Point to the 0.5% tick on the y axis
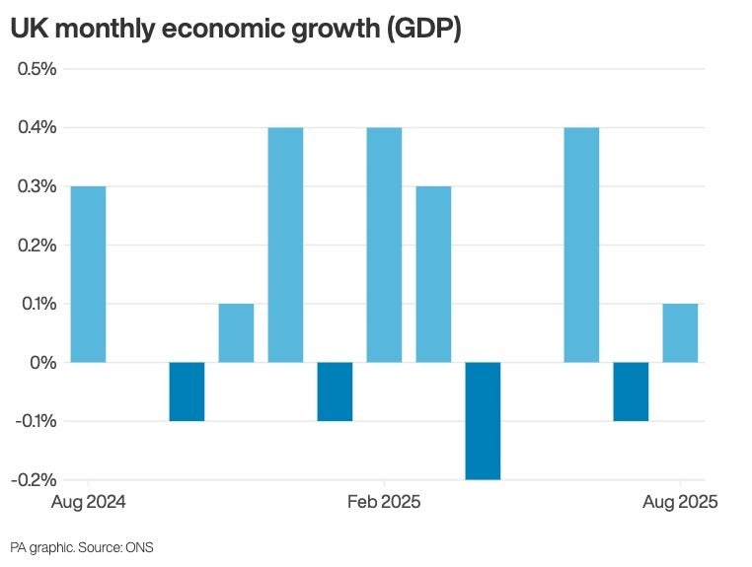(36, 69)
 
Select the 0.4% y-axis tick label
(36, 127)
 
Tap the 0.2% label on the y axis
(36, 245)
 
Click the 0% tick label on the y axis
(43, 362)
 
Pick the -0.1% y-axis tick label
(34, 421)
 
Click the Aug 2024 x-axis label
(88, 502)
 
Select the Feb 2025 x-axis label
(384, 502)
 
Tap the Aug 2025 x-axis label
(680, 502)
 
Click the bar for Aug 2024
(88, 274)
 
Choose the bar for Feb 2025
(384, 245)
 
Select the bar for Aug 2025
(680, 332)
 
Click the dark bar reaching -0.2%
(483, 420)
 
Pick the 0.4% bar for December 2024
(285, 245)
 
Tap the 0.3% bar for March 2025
(433, 274)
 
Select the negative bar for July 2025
(631, 391)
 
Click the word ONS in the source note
(139, 547)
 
